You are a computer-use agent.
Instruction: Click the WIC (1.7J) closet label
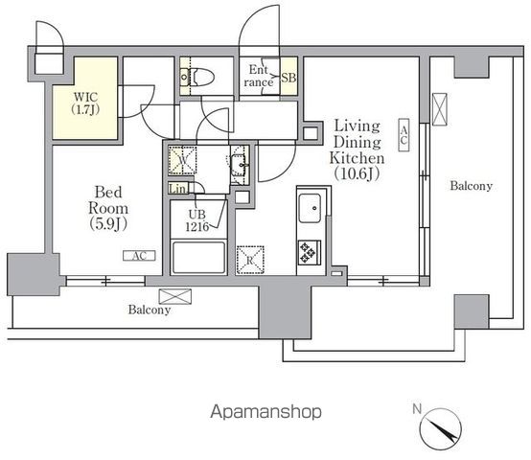[86, 103]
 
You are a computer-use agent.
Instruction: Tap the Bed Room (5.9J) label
[108, 208]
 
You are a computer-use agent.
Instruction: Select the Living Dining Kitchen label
[357, 149]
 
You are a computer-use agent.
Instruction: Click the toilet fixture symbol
[197, 78]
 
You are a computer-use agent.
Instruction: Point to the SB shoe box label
[289, 78]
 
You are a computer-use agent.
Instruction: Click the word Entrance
[259, 76]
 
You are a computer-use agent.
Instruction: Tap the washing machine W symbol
[182, 160]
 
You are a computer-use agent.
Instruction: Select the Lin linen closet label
[177, 189]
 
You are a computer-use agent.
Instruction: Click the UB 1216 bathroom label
[197, 220]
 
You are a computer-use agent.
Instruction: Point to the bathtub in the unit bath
[198, 257]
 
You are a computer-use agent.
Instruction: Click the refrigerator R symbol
[250, 260]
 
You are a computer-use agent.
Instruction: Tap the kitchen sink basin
[310, 208]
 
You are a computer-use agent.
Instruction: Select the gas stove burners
[310, 252]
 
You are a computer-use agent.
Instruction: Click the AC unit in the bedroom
[139, 256]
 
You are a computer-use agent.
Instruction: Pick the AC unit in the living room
[404, 135]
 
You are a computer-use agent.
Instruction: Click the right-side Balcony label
[471, 186]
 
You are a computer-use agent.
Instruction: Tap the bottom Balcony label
[150, 310]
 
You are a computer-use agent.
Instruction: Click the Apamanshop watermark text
[265, 412]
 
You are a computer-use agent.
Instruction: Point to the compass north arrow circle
[441, 429]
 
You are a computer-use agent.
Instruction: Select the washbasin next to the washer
[240, 165]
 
